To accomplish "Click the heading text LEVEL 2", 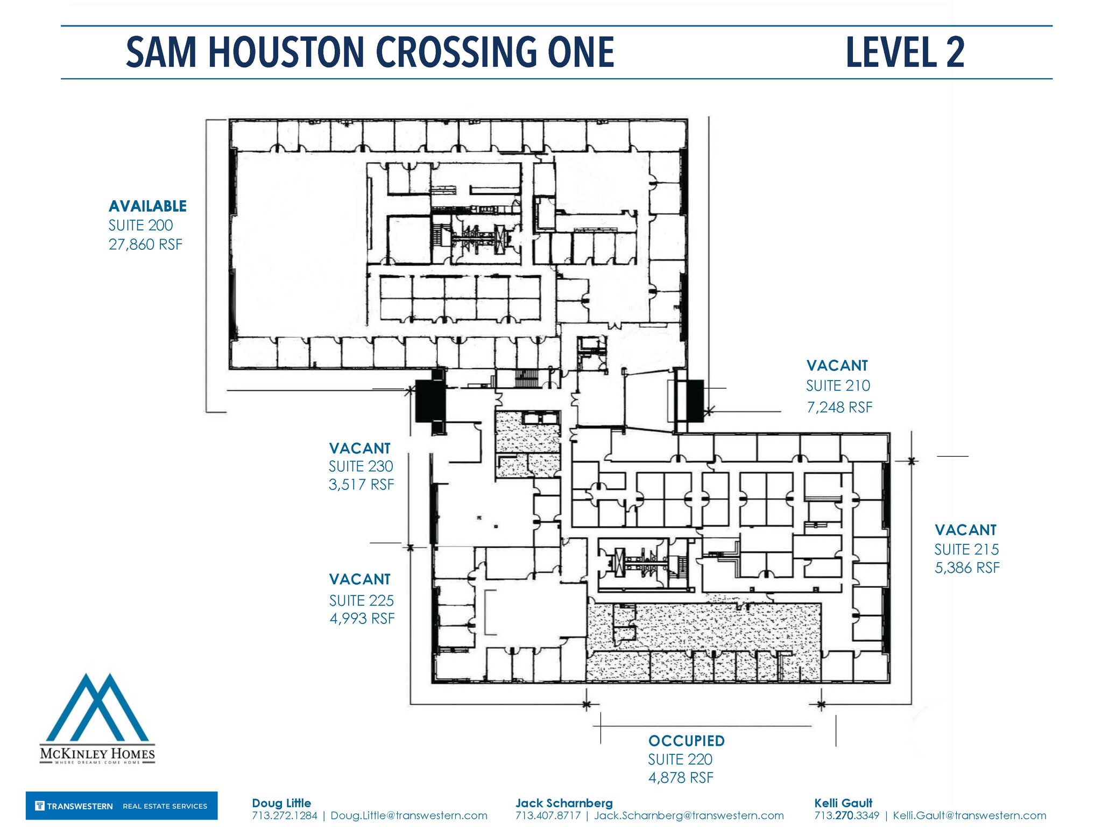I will [x=905, y=52].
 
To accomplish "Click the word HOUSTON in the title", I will [x=286, y=52].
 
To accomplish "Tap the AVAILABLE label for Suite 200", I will [x=147, y=206].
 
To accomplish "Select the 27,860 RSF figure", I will [x=145, y=244].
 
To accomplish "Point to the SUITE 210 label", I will [x=837, y=386].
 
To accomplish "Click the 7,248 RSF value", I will [x=839, y=408].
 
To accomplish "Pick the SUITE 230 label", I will [x=361, y=466].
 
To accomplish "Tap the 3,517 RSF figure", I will [x=361, y=485].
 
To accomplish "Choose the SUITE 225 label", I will [x=361, y=600].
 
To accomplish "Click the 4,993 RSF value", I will [x=362, y=619].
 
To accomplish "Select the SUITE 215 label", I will [x=966, y=550].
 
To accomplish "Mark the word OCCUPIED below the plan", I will [x=686, y=741].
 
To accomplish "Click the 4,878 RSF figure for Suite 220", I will [x=681, y=778].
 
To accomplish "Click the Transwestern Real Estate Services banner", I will [x=122, y=805].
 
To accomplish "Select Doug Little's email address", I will [x=408, y=816].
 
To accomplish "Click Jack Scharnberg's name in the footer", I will [x=563, y=803].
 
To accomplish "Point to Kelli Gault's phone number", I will [x=846, y=816].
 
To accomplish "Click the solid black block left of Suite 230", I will [x=429, y=401].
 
